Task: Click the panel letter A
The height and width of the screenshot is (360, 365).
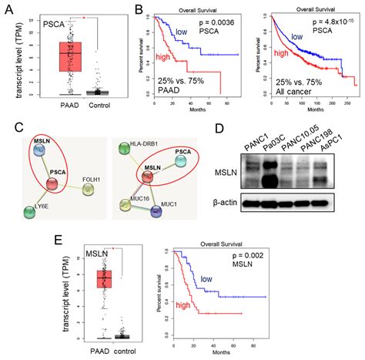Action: [8, 10]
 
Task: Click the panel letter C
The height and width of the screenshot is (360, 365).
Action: [8, 128]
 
